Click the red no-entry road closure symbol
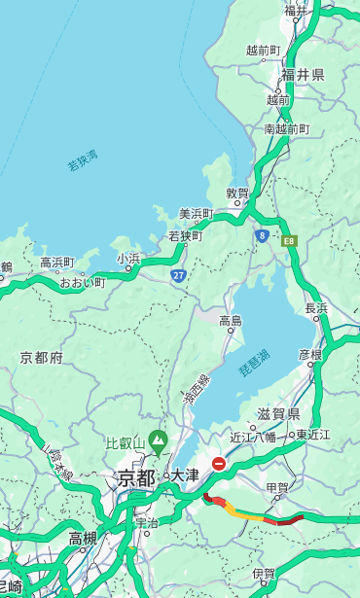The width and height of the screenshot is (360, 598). (x=220, y=465)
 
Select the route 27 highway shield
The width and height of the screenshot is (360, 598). (x=179, y=275)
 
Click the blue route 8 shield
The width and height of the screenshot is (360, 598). (x=262, y=235)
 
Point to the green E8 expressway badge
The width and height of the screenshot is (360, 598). (x=288, y=240)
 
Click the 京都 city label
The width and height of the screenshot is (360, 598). (x=136, y=477)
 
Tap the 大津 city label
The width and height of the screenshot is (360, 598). (x=184, y=475)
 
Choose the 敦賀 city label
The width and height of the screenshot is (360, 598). (x=237, y=193)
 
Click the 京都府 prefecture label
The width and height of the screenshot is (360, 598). (x=42, y=358)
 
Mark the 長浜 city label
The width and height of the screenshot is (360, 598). (x=316, y=308)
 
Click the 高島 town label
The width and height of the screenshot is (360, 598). (x=231, y=321)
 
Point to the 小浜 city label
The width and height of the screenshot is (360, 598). (x=128, y=259)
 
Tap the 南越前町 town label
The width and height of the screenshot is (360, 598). (x=286, y=128)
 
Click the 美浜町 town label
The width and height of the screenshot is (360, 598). (x=196, y=214)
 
